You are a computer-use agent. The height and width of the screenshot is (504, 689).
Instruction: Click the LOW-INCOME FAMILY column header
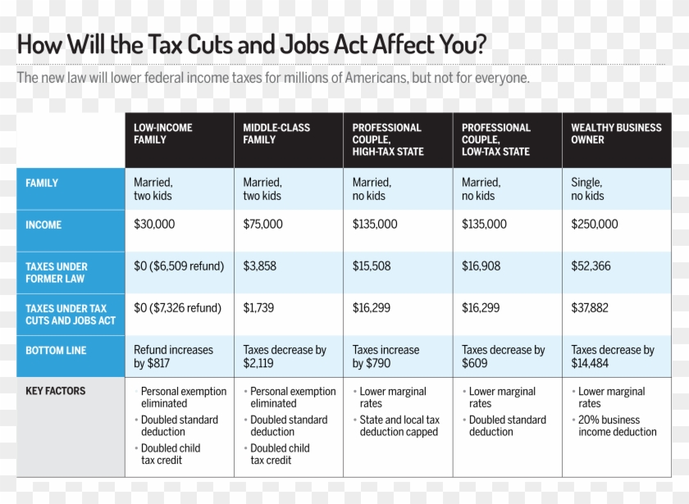pyautogui.click(x=162, y=134)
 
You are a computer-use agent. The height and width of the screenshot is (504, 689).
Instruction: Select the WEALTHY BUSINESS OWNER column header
pyautogui.click(x=616, y=134)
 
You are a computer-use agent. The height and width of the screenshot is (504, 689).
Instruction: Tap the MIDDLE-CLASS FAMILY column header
pyautogui.click(x=276, y=134)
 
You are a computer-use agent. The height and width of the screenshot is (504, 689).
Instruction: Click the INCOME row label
pyautogui.click(x=43, y=225)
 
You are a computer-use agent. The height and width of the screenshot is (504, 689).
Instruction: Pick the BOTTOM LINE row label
pyautogui.click(x=56, y=350)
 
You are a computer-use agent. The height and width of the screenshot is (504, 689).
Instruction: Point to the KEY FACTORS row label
pyautogui.click(x=55, y=392)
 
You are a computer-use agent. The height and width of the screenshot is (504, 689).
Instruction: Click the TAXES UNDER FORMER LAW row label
pyautogui.click(x=56, y=273)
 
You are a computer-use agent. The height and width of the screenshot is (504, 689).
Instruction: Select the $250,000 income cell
pyautogui.click(x=595, y=225)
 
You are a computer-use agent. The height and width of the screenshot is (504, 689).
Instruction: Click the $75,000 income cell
pyautogui.click(x=262, y=225)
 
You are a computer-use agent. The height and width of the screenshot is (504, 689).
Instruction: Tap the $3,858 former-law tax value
pyautogui.click(x=259, y=266)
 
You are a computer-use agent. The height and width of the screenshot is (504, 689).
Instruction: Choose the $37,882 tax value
pyautogui.click(x=591, y=308)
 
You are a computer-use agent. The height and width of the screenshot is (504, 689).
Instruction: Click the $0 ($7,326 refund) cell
pyautogui.click(x=178, y=308)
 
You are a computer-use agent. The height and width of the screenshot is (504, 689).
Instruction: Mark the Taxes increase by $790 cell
pyautogui.click(x=386, y=356)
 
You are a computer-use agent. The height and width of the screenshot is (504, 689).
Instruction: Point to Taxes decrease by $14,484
pyautogui.click(x=612, y=356)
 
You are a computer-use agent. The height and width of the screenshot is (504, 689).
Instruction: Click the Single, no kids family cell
pyautogui.click(x=587, y=189)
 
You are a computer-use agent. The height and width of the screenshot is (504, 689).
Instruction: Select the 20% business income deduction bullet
pyautogui.click(x=617, y=425)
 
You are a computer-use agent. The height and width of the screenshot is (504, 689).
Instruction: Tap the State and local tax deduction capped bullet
pyautogui.click(x=399, y=425)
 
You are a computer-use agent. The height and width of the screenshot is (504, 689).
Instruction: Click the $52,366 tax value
pyautogui.click(x=591, y=266)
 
